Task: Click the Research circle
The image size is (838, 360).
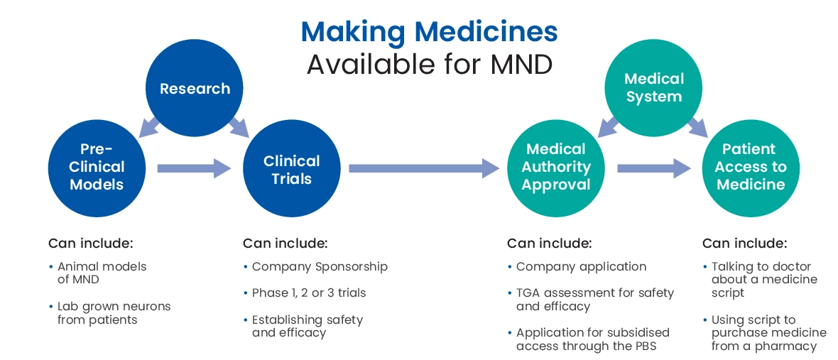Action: point(195,88)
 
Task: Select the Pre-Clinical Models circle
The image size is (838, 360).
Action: point(97,168)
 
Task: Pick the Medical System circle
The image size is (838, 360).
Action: point(653,87)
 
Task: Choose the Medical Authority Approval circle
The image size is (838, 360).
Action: point(556,168)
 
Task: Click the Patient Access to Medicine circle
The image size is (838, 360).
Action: point(751,168)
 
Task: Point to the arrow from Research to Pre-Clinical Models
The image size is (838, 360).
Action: point(149,126)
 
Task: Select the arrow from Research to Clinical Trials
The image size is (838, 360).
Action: point(239,127)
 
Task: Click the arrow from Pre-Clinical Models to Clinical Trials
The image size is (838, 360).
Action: point(194,168)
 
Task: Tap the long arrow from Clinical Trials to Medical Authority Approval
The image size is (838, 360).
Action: point(424,168)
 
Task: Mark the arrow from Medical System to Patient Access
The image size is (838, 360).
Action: point(698,127)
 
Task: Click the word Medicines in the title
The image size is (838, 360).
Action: point(486,31)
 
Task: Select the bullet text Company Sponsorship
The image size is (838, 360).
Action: point(320,267)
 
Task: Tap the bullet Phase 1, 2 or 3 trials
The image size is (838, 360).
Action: point(309,293)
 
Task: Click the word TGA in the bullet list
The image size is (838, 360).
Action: point(528,293)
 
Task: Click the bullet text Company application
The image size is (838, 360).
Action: point(582,267)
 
